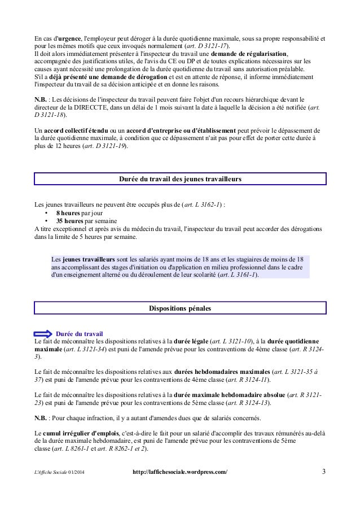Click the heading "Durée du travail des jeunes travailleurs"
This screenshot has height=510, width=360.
180,179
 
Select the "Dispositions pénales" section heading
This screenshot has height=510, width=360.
180,308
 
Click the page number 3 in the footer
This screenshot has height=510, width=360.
323,471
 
